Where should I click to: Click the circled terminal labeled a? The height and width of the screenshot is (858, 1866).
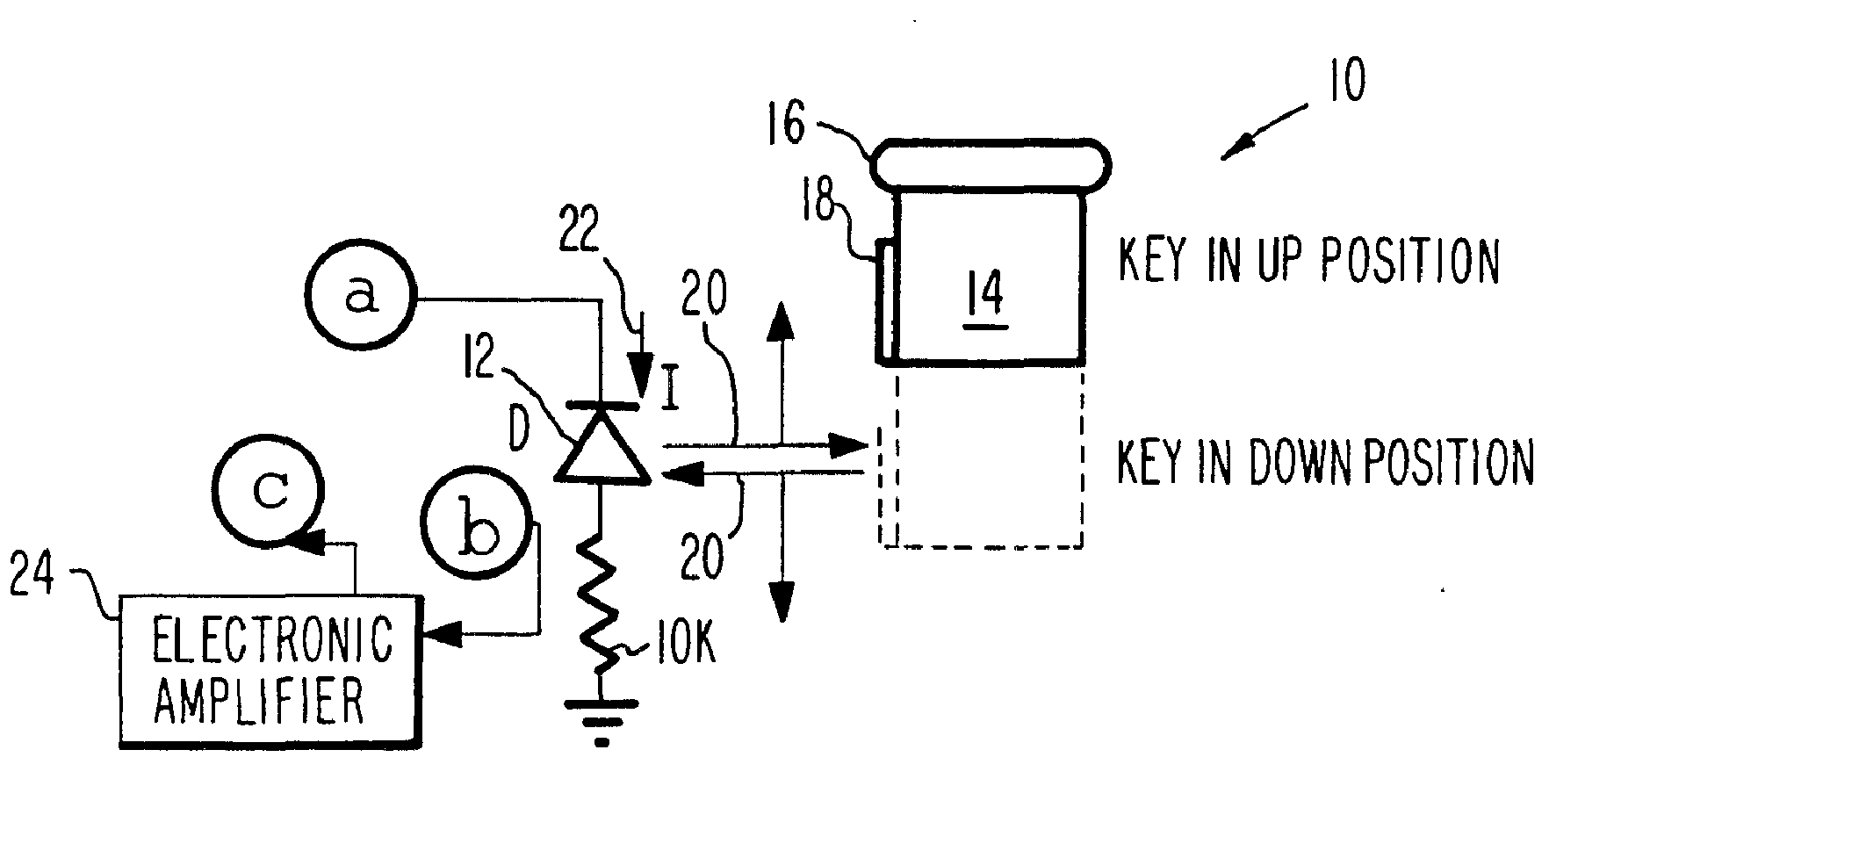coord(359,297)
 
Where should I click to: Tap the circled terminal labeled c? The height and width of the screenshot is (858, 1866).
coord(270,489)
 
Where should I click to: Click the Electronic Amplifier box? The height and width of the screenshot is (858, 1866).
coord(270,672)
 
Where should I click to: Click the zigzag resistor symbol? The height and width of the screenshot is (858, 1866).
coord(602,606)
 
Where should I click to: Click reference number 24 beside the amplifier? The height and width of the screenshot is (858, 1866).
coord(33,577)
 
